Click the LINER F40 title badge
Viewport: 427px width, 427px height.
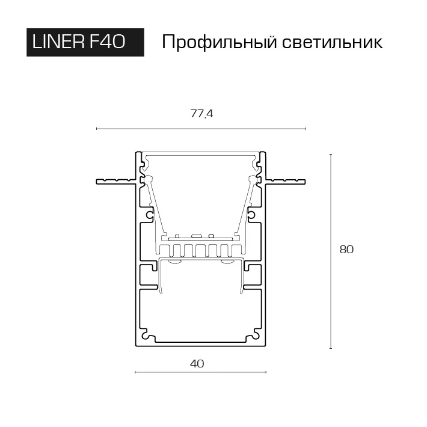click(85, 42)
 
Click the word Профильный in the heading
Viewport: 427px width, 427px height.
click(220, 43)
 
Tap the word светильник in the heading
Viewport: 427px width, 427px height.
click(332, 43)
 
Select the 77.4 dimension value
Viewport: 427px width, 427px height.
click(201, 114)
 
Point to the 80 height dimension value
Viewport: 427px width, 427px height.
click(346, 250)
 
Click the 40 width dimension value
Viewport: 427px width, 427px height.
click(197, 363)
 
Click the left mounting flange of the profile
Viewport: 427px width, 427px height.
click(116, 182)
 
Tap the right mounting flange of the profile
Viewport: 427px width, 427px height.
click(286, 182)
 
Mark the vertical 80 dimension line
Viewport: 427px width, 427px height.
click(331, 251)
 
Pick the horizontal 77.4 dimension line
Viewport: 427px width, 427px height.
click(201, 129)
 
